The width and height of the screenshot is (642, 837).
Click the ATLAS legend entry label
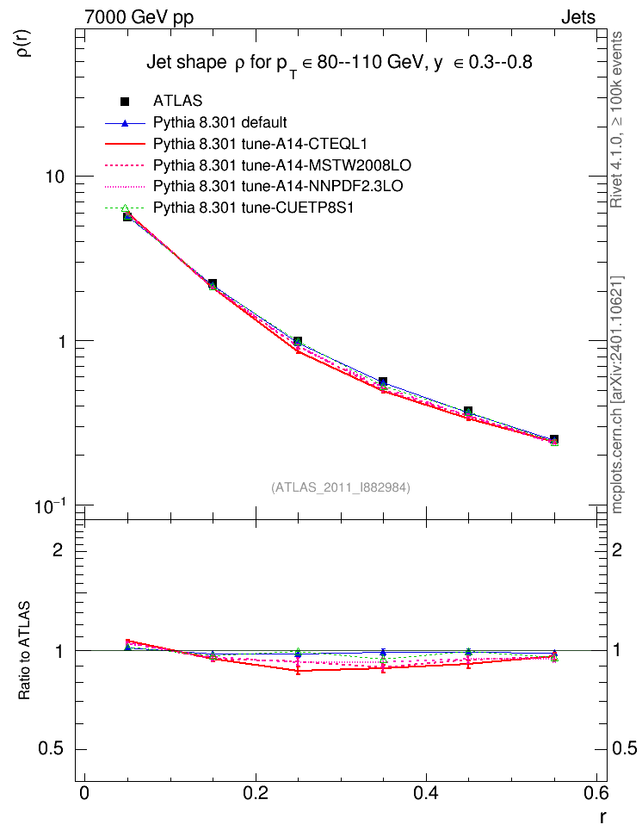177,101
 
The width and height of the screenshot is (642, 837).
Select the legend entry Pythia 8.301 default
219,122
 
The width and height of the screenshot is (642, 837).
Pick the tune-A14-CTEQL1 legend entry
260,144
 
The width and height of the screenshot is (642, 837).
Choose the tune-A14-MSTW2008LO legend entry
281,165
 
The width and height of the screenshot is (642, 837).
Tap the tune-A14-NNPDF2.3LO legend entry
278,186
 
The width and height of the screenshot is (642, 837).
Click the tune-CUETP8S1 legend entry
254,208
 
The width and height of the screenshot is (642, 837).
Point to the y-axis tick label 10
55,177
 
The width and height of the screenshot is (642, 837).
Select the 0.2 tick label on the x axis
255,793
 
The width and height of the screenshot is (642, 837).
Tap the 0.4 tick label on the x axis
426,793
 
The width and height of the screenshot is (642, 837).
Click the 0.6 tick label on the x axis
596,793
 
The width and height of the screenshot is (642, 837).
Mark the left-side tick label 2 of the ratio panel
59,549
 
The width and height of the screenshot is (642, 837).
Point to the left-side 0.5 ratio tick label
52,749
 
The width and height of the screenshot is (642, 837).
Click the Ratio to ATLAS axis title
24,650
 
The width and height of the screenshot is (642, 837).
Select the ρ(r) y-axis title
25,43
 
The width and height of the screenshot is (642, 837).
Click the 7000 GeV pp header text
139,17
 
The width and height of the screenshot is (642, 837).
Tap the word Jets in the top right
578,17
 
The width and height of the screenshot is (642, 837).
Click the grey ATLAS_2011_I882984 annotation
341,487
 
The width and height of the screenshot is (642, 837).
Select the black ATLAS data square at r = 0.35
383,381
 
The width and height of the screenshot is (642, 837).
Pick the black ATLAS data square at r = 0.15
213,283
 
